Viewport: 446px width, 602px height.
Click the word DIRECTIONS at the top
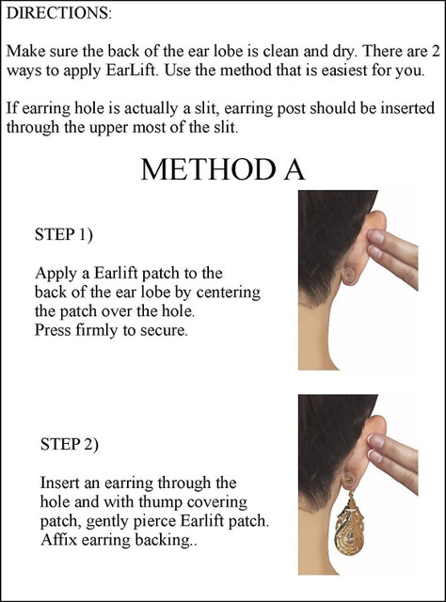pos(58,13)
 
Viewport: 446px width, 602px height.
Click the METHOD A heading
pos(223,169)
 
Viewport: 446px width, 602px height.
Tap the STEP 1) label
pos(64,234)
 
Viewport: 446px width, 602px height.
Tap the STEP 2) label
pos(70,444)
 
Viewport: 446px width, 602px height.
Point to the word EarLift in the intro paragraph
pos(130,71)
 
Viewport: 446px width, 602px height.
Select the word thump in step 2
pos(161,502)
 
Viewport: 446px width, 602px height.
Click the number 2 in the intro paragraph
pos(436,52)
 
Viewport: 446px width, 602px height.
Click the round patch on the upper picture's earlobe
pos(349,274)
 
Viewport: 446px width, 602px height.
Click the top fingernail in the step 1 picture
pos(376,237)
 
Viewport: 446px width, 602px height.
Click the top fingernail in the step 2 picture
pos(376,441)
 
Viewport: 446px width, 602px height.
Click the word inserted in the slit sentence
pos(408,108)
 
